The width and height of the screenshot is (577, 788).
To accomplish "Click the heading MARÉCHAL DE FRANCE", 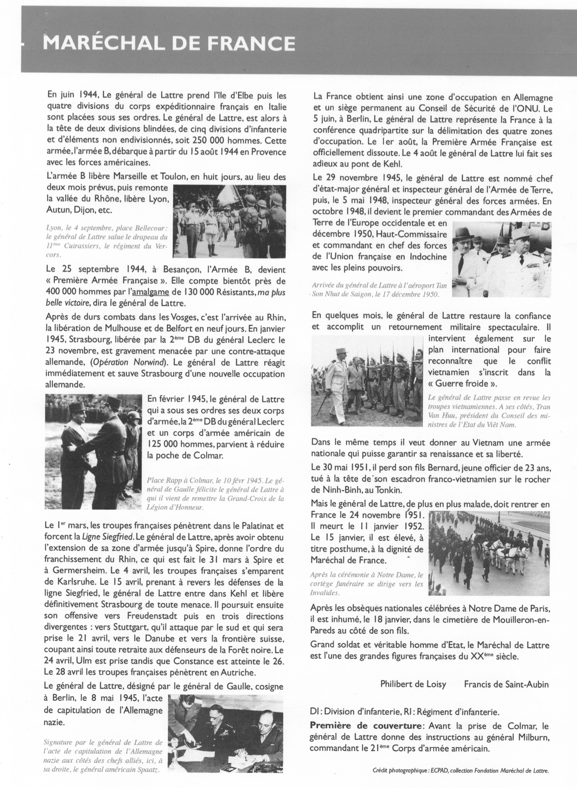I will point(169,44).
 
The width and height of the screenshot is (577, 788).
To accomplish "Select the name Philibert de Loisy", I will point(413,684).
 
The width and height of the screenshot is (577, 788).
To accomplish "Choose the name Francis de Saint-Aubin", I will point(506,684).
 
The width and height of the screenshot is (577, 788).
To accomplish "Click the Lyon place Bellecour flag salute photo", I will point(229,221).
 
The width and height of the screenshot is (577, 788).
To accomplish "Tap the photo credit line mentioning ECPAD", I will point(461,771).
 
